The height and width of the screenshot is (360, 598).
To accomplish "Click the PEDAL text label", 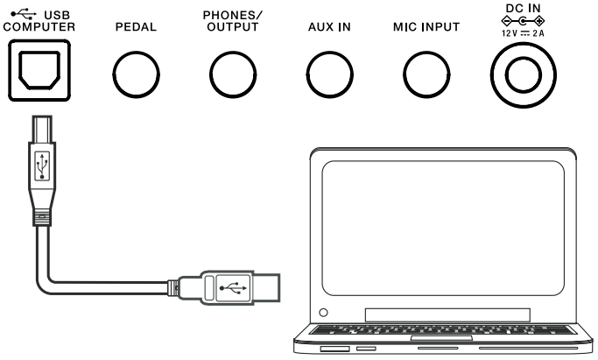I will coord(136,27).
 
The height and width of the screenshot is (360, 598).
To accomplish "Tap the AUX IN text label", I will coord(330,27).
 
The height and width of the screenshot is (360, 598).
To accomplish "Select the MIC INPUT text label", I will coord(426,27).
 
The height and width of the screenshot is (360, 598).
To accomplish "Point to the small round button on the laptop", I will coord(324,311).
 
